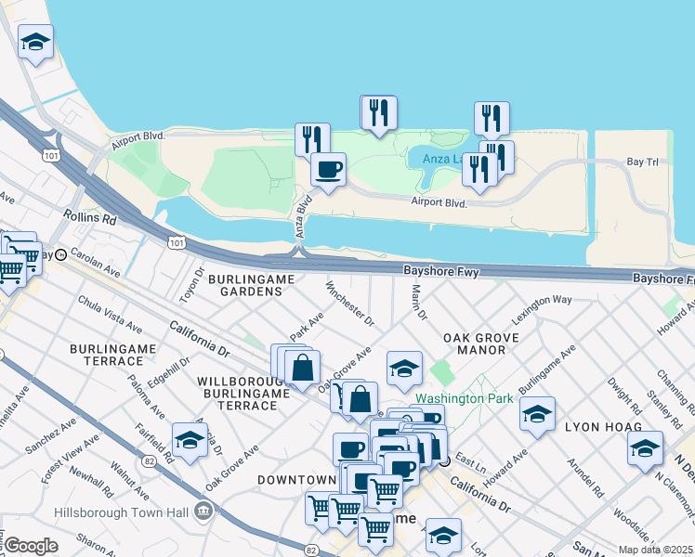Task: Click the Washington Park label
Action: [464, 398]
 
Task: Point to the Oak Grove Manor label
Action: [474, 343]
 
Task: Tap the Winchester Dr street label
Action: [349, 304]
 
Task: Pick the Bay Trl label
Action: [641, 162]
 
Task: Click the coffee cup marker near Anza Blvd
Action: [327, 169]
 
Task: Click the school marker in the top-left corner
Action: [35, 42]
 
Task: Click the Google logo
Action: [31, 546]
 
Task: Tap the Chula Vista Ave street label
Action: [111, 316]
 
